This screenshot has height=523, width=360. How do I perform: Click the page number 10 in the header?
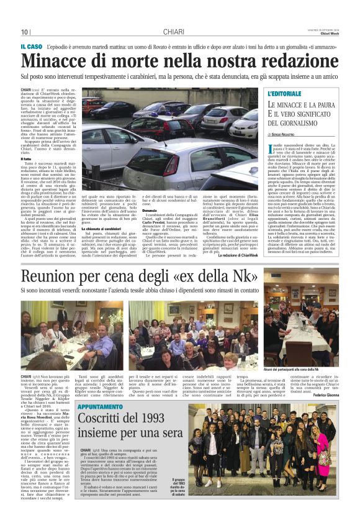tap(25, 32)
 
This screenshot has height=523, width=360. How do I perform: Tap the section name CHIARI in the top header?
tap(173, 32)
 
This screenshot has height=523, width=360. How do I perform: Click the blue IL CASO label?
tap(30, 47)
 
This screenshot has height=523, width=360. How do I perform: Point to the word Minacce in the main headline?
tap(60, 61)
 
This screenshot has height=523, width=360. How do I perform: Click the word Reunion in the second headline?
tap(56, 276)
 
